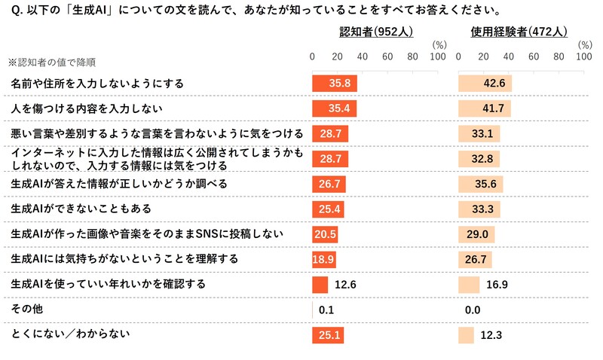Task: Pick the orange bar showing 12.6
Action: coord(320,285)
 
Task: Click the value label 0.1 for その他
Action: coord(326,310)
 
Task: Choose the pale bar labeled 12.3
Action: coord(467,334)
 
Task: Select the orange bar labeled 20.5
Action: coord(325,234)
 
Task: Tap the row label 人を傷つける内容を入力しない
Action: coord(87,108)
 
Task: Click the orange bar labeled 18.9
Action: coord(324,259)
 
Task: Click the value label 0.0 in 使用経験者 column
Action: coord(474,310)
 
